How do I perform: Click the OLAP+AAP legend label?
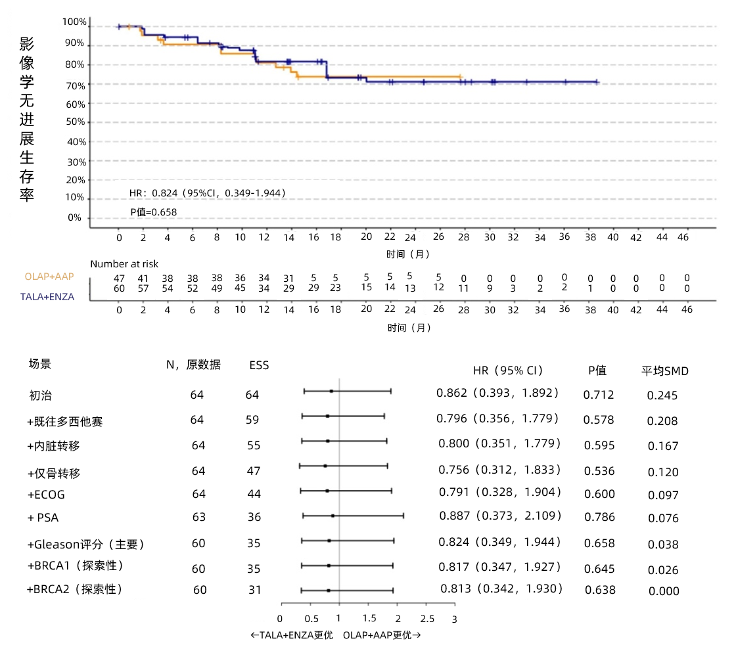pos(49,277)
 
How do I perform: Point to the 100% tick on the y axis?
pos(74,22)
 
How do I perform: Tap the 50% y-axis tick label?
pos(76,122)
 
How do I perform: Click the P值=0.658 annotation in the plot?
pos(153,212)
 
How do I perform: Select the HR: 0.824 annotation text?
pos(207,192)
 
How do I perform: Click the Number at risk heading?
pos(124,264)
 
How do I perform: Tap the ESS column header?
pos(259,365)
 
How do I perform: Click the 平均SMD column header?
pos(665,370)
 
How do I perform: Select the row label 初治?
pos(40,395)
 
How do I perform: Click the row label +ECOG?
pos(46,495)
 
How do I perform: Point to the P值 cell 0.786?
pos(599,518)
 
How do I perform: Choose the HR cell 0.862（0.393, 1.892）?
pos(497,393)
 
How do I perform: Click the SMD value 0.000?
pos(664,591)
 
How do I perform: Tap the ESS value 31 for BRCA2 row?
pos(254,590)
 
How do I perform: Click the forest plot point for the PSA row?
pos(333,516)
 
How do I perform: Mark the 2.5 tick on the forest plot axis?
pos(427,619)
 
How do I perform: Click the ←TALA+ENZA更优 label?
pos(292,635)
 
